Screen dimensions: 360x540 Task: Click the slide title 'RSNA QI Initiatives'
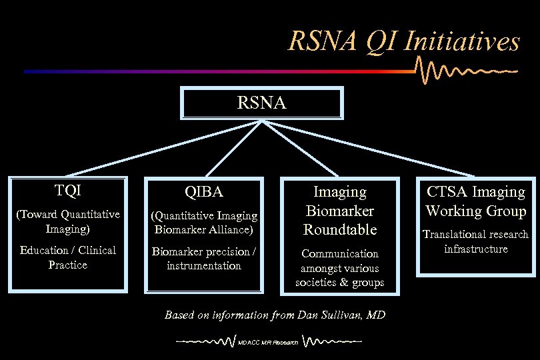point(403,41)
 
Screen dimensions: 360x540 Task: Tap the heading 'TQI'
point(67,191)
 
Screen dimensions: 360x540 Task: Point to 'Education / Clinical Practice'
point(67,257)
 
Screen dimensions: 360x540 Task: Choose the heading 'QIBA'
point(204,192)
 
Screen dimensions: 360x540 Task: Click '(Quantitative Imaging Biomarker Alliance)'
point(204,223)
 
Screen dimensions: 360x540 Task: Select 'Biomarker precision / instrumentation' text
point(204,259)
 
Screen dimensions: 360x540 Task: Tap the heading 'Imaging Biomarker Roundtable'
point(340,211)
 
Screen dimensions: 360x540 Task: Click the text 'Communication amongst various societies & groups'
point(340,268)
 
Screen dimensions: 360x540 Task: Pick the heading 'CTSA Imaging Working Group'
point(476,201)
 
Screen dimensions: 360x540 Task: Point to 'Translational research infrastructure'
point(476,241)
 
